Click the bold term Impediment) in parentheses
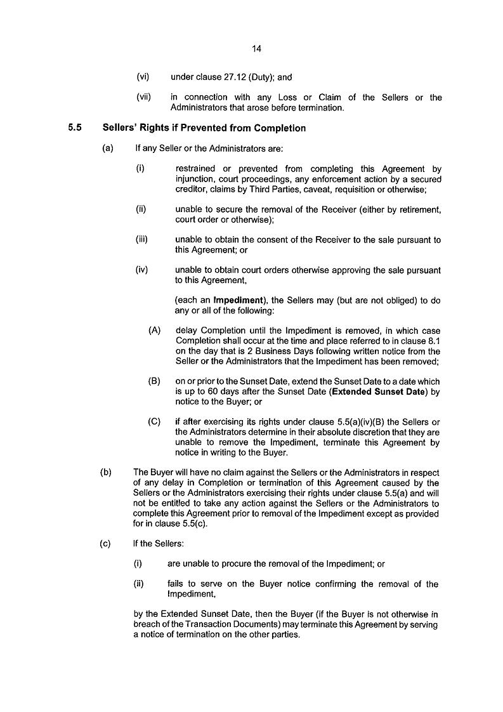tap(238, 300)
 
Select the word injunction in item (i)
tap(197, 179)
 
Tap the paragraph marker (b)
tap(106, 472)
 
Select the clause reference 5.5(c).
tap(195, 524)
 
